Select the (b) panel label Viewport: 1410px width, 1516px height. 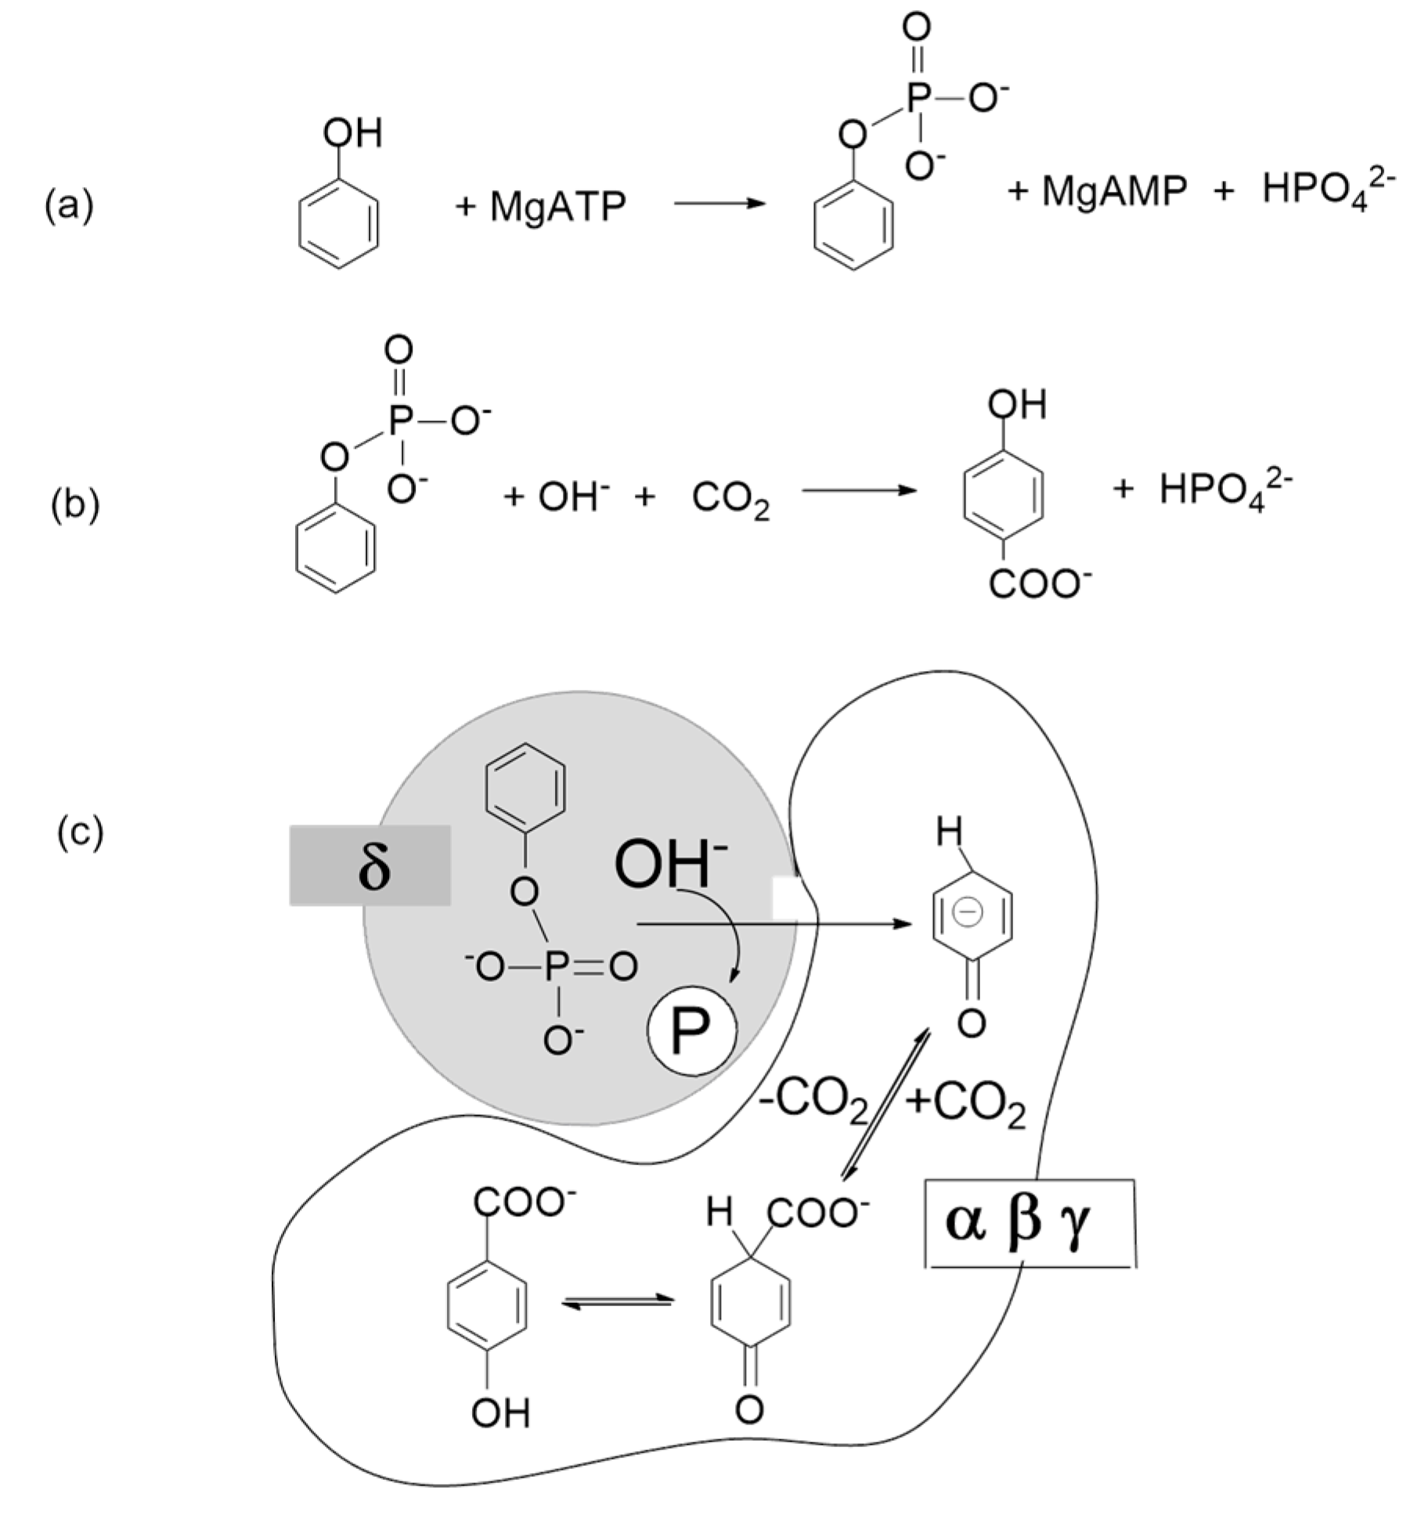pos(75,505)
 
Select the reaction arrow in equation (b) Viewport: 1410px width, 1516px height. pos(858,491)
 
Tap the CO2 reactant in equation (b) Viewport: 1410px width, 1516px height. pos(730,500)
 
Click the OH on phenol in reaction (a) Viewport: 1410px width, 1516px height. pos(353,133)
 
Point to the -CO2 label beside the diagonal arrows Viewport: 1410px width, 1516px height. pos(813,1103)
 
